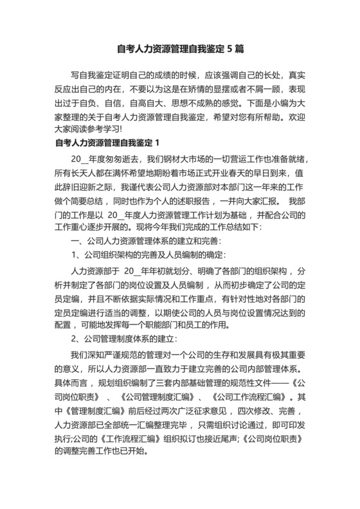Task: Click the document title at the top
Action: pyautogui.click(x=179, y=48)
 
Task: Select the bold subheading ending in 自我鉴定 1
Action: pyautogui.click(x=107, y=143)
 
